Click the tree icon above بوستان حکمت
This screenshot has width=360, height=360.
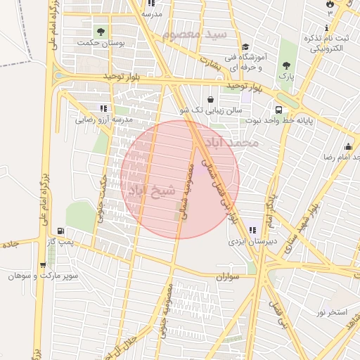[100, 32]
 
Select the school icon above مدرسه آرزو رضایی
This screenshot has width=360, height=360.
[103, 108]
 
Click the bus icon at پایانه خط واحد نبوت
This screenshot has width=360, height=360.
[279, 110]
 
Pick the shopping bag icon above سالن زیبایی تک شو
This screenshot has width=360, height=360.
[212, 99]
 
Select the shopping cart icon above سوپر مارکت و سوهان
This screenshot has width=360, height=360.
[44, 264]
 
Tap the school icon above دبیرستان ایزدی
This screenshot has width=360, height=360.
[252, 230]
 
